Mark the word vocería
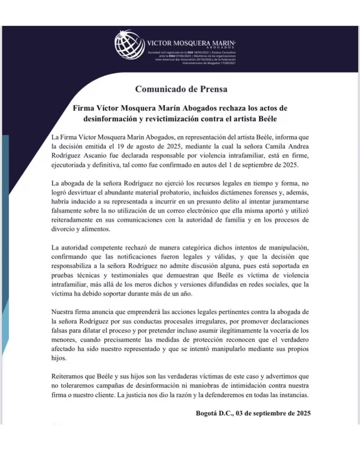280,330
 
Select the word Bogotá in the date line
207,413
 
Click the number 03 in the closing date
239,413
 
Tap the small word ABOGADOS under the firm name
220,47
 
